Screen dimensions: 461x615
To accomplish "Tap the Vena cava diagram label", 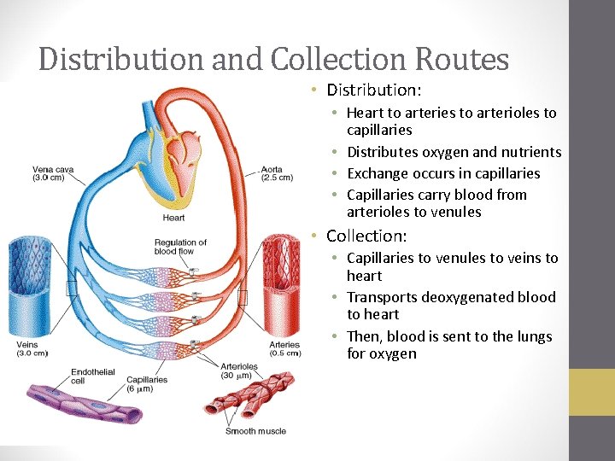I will [53, 173].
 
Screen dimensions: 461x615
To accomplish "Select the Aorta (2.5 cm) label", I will [275, 173].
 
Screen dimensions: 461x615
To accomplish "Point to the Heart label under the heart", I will [173, 218].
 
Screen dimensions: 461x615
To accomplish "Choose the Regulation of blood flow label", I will [180, 248].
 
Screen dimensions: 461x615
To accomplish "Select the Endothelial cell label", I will [87, 376].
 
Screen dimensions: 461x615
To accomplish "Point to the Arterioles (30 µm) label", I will [237, 371].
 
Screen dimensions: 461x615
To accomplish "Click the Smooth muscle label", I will [255, 431].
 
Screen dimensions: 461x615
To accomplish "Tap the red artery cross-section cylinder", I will [281, 286].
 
